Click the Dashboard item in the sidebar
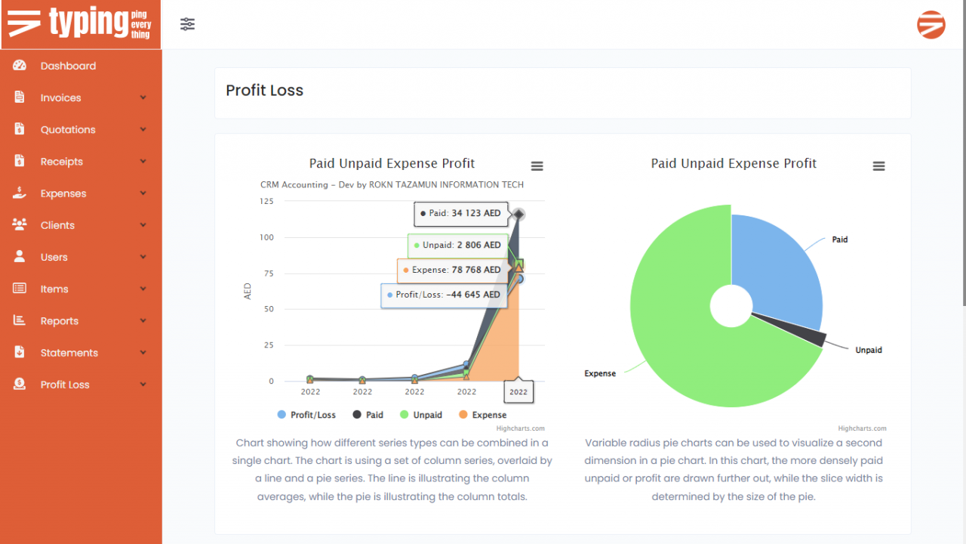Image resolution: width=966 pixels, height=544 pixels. [x=68, y=66]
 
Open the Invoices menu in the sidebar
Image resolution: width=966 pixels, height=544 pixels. [x=60, y=97]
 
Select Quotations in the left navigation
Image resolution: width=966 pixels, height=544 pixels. [x=68, y=129]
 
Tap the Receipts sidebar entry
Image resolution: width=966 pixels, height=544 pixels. [x=61, y=161]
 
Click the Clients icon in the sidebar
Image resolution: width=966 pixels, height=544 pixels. [x=20, y=224]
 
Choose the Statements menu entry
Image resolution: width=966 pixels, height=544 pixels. [x=69, y=353]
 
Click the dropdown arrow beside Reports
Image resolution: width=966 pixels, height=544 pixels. [x=143, y=321]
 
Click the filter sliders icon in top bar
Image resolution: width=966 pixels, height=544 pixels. [x=188, y=24]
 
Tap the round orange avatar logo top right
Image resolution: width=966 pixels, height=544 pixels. [x=931, y=25]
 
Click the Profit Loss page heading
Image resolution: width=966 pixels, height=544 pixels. [x=264, y=91]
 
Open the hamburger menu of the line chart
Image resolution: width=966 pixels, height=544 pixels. [x=537, y=166]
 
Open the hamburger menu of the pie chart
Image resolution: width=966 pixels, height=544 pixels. [x=878, y=166]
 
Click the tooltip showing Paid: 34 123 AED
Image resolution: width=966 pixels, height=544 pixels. [x=461, y=214]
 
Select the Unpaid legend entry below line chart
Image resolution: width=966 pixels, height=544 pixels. [x=421, y=415]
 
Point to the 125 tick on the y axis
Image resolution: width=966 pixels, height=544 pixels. [x=266, y=201]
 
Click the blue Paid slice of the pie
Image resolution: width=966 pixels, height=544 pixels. [x=777, y=264]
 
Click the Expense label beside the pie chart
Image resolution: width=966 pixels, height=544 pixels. [x=600, y=373]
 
